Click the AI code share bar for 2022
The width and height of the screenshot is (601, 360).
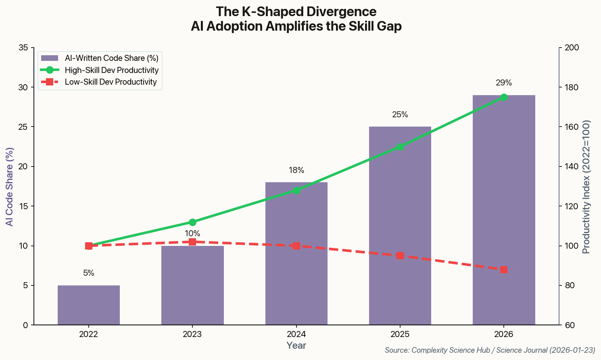click(89, 305)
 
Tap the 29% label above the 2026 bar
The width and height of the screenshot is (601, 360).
click(504, 83)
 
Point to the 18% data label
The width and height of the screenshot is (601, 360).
click(296, 170)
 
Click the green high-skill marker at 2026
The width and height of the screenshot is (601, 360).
click(504, 97)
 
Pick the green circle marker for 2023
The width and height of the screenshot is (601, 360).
click(192, 222)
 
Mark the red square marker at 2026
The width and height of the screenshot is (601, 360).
click(504, 270)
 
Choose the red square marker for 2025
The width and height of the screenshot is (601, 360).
click(400, 256)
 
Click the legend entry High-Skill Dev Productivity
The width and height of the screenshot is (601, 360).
click(111, 70)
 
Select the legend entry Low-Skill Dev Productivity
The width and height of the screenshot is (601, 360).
click(111, 82)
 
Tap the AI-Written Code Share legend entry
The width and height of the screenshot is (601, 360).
click(111, 58)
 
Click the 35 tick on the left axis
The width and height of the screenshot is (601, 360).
click(23, 48)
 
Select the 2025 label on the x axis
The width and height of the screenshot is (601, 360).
click(400, 334)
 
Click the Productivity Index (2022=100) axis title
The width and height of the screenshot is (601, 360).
click(586, 187)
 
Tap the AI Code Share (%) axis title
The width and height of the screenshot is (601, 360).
click(9, 187)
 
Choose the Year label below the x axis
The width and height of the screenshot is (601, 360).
click(296, 345)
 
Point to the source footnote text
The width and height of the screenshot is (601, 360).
click(490, 350)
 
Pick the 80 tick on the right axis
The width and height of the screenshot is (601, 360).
click(569, 286)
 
